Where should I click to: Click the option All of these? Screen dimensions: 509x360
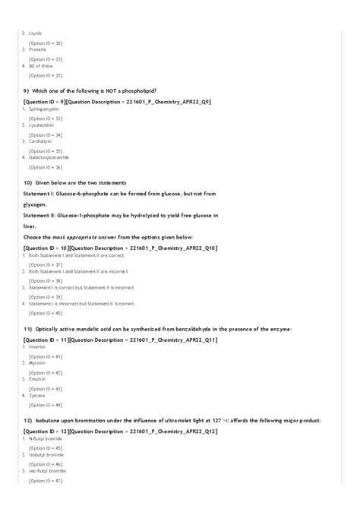pyautogui.click(x=41, y=65)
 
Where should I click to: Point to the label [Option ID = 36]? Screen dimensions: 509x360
pyautogui.click(x=46, y=167)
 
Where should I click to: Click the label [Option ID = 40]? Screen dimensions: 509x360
pyautogui.click(x=46, y=313)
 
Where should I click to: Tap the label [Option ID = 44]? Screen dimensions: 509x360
pyautogui.click(x=46, y=405)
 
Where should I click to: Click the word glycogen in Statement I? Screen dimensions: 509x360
pyautogui.click(x=36, y=204)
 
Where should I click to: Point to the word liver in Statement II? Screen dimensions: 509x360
pyautogui.click(x=30, y=226)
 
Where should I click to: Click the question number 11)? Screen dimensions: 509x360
pyautogui.click(x=28, y=328)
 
